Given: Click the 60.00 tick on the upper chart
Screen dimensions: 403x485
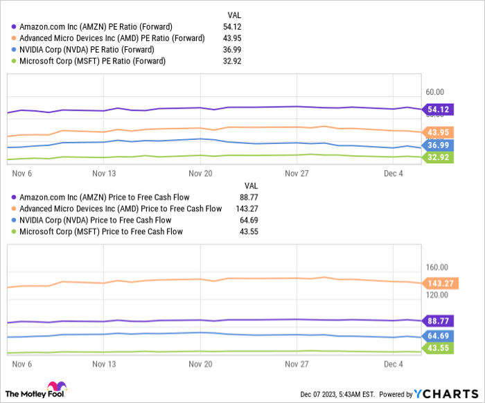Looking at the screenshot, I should pos(435,91).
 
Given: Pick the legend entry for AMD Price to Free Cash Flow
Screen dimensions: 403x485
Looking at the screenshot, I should pos(120,208).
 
